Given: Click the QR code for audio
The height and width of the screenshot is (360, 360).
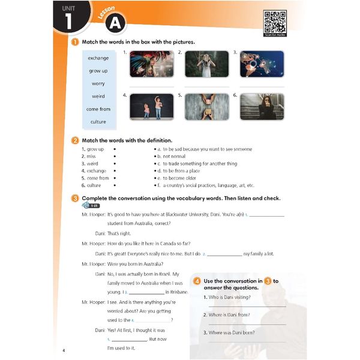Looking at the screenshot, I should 275,22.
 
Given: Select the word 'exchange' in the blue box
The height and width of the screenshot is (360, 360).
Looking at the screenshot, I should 98,58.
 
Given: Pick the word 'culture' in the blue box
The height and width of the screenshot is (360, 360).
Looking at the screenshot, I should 98,122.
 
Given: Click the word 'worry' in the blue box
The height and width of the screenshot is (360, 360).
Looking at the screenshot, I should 98,83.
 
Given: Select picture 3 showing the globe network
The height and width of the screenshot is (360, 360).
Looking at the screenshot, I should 262,64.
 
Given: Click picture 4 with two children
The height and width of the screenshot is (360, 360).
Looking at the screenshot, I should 151,107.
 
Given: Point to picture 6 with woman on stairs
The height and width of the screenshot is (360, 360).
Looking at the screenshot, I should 262,107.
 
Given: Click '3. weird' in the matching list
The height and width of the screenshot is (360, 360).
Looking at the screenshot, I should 93,163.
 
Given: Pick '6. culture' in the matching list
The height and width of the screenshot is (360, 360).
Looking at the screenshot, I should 95,185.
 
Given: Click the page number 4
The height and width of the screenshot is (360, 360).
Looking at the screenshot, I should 64,350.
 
